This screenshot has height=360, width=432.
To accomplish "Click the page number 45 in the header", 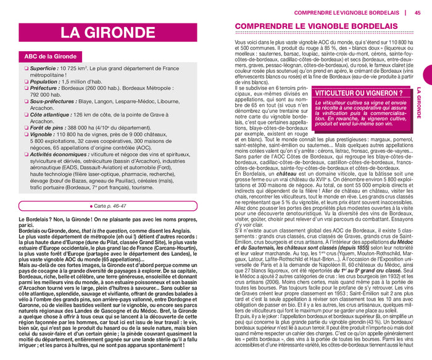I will click(x=418, y=12).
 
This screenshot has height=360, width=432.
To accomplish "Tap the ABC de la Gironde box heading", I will click(x=48, y=57).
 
